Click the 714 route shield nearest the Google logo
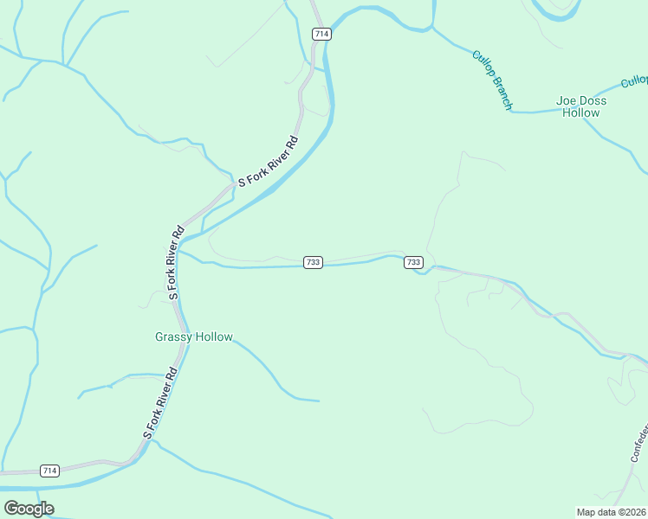click(x=49, y=471)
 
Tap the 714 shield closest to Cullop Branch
click(x=321, y=34)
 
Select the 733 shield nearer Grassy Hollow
click(x=314, y=262)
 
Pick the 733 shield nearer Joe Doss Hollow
click(x=413, y=262)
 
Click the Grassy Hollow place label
click(x=194, y=336)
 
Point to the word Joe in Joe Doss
click(x=567, y=100)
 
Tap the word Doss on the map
click(x=593, y=100)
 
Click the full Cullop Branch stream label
click(x=492, y=80)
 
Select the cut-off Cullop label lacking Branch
click(x=635, y=81)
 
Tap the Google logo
click(x=29, y=509)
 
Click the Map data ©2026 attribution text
click(x=612, y=511)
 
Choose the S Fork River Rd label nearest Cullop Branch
click(x=269, y=161)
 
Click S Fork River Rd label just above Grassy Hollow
click(x=175, y=263)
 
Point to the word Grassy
click(x=173, y=336)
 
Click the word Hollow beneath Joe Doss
click(x=580, y=112)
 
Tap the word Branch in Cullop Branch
click(x=502, y=93)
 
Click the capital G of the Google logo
click(x=12, y=509)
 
